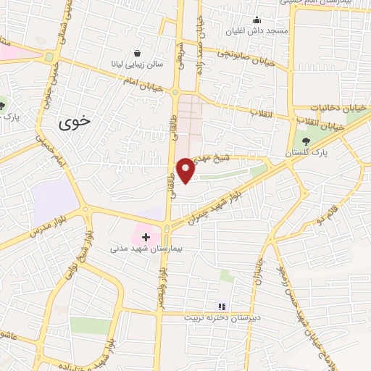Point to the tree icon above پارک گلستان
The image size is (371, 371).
[304, 142]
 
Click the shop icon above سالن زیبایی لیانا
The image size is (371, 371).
[138, 53]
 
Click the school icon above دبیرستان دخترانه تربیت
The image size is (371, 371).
[221, 307]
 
